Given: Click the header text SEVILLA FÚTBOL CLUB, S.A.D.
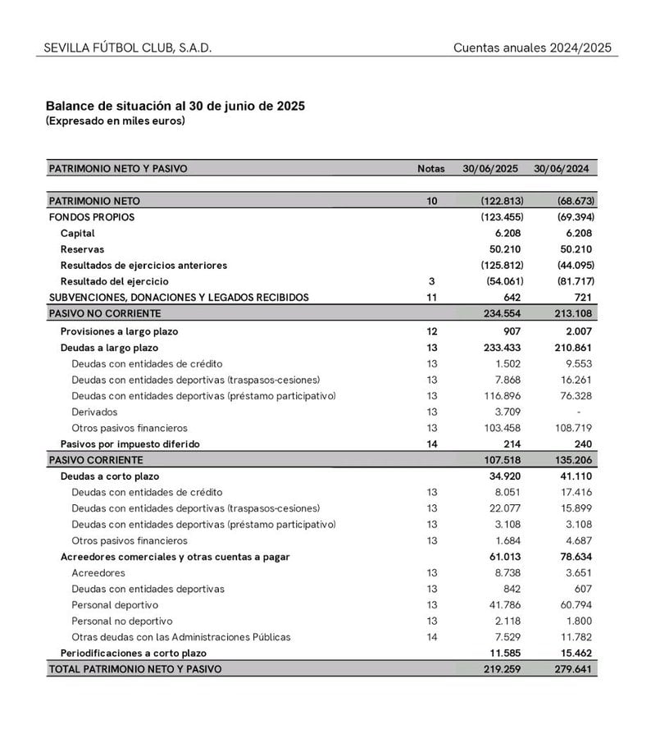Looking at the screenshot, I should tap(128, 48).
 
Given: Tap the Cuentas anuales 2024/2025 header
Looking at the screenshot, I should tap(532, 48).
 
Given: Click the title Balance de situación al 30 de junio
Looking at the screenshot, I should tap(175, 107).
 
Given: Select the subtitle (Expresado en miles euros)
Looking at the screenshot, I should tap(116, 121).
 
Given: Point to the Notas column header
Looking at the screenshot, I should tap(431, 169).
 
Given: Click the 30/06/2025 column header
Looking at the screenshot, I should tap(490, 169).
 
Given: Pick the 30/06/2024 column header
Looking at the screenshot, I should tap(562, 169).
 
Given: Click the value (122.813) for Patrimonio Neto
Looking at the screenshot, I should tap(502, 201).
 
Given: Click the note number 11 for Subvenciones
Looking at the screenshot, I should tap(431, 297).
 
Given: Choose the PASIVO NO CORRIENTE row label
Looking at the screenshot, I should tap(105, 313).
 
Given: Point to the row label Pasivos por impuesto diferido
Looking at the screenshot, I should tap(130, 444).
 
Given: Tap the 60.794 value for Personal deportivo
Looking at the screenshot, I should tap(576, 605).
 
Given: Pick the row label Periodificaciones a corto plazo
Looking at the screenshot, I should tap(134, 654).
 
